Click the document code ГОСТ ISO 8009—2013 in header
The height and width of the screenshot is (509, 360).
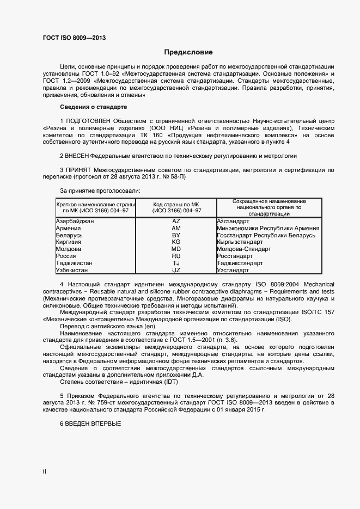(x=74, y=38)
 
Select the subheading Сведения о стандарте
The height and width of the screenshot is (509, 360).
(x=93, y=107)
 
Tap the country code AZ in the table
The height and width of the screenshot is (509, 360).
(x=176, y=222)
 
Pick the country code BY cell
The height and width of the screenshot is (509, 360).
(x=176, y=235)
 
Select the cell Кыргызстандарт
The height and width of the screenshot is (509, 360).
(x=240, y=242)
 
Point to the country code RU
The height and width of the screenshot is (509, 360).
(x=176, y=256)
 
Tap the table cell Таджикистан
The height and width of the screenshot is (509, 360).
(x=74, y=263)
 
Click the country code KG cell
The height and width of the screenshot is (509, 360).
(x=176, y=242)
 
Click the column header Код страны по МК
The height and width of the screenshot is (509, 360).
(x=176, y=204)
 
